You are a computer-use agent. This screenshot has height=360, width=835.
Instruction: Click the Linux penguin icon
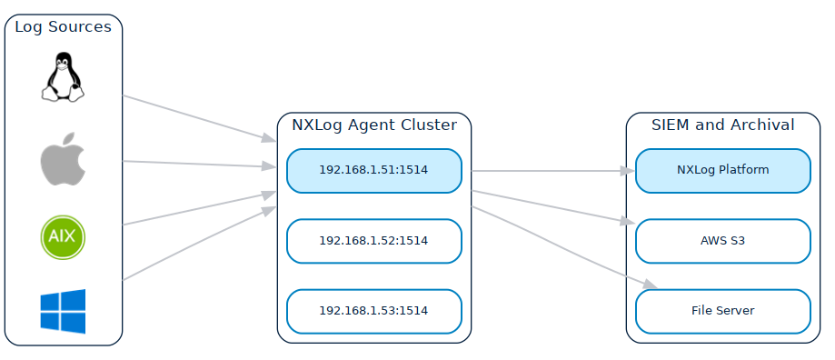(x=63, y=77)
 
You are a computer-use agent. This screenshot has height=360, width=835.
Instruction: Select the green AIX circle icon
(x=63, y=238)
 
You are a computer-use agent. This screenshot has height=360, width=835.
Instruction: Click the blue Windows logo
(x=63, y=311)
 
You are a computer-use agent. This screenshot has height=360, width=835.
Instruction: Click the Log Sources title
(x=63, y=27)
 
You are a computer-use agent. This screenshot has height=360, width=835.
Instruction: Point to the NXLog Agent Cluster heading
(x=373, y=125)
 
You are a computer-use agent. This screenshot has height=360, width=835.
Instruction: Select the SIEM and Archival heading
(x=722, y=125)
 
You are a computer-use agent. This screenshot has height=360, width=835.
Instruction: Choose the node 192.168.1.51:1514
(x=373, y=170)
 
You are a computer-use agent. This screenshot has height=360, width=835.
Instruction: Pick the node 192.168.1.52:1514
(x=373, y=241)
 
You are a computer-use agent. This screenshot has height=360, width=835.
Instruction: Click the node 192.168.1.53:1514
(x=373, y=311)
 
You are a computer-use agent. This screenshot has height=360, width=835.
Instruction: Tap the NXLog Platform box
(x=722, y=170)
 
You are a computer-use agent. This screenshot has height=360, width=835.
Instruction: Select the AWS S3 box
(x=722, y=241)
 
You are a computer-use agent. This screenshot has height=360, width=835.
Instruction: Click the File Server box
(x=722, y=311)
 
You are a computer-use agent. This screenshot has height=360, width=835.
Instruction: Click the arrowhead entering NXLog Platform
(x=627, y=171)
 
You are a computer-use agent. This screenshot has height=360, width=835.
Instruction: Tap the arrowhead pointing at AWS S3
(x=627, y=222)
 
